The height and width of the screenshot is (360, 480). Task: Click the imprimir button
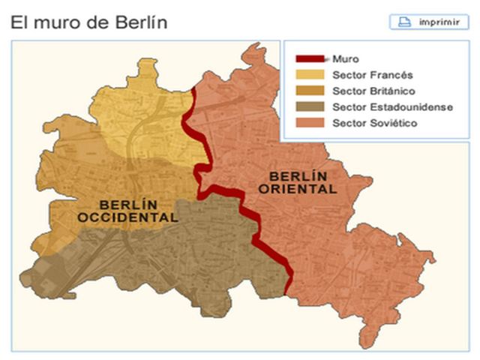428,22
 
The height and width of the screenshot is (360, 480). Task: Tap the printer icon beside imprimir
404,22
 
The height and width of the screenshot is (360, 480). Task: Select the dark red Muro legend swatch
310,58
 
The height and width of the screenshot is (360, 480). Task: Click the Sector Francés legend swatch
310,75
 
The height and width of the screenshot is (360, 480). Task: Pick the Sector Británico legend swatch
310,91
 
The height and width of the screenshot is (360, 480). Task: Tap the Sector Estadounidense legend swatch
310,107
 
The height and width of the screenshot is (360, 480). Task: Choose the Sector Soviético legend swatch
310,123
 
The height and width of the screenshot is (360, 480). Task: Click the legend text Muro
346,58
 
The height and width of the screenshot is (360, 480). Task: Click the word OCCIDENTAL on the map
128,217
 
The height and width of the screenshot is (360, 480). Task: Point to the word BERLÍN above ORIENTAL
297,176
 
